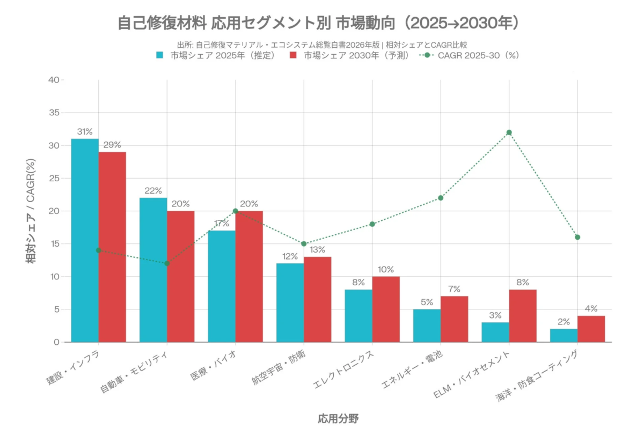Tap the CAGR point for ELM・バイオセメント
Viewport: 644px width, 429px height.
[509, 132]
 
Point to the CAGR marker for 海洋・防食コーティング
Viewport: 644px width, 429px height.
[577, 237]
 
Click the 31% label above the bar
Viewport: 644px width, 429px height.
[85, 131]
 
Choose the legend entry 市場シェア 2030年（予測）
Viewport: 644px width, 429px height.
[349, 55]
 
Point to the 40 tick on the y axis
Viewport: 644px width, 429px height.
[53, 80]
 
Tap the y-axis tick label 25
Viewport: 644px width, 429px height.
[53, 178]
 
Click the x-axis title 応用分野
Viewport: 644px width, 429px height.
[338, 418]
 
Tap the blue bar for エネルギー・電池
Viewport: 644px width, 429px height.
[427, 325]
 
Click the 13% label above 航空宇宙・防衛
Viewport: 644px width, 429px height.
[317, 249]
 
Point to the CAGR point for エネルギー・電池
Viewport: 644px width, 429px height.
[441, 198]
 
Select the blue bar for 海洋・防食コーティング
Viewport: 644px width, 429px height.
[563, 335]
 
